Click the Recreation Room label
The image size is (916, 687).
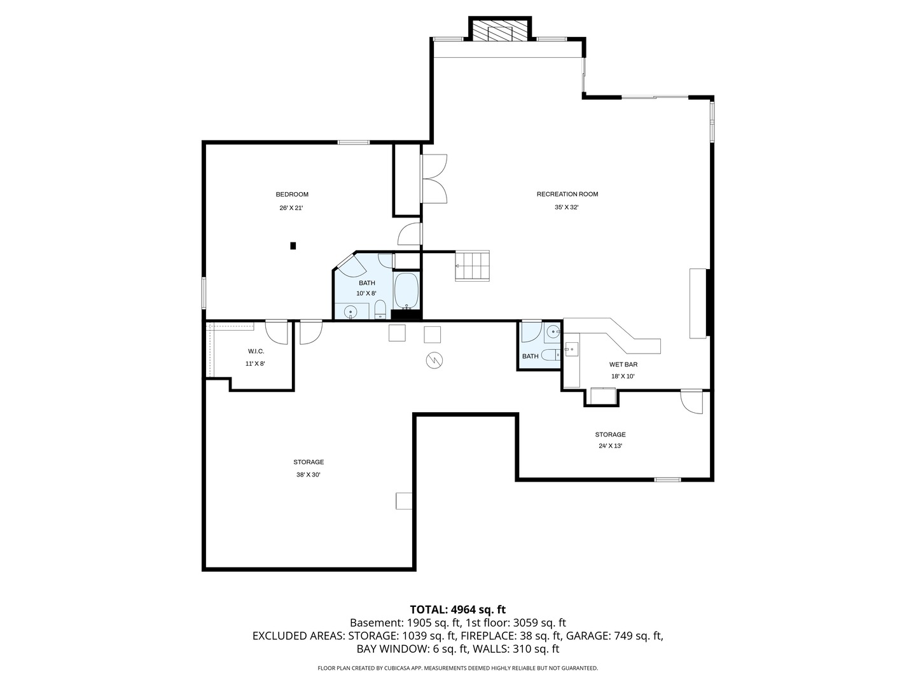567,194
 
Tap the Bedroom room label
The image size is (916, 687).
292,195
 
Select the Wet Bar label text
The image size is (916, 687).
623,364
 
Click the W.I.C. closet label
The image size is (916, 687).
256,352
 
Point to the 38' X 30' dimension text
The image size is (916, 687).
309,475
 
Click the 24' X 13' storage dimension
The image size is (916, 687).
610,445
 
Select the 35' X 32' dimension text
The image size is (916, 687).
567,207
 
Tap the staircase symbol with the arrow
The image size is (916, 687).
473,266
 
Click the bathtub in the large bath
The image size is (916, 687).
406,291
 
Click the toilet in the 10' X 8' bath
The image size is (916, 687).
380,310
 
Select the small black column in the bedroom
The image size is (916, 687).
293,246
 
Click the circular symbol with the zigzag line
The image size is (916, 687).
434,361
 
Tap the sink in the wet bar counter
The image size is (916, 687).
571,349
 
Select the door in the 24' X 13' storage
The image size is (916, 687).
692,401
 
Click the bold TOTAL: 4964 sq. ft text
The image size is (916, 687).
458,609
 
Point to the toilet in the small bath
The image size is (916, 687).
550,355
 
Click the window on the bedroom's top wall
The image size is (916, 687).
354,142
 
